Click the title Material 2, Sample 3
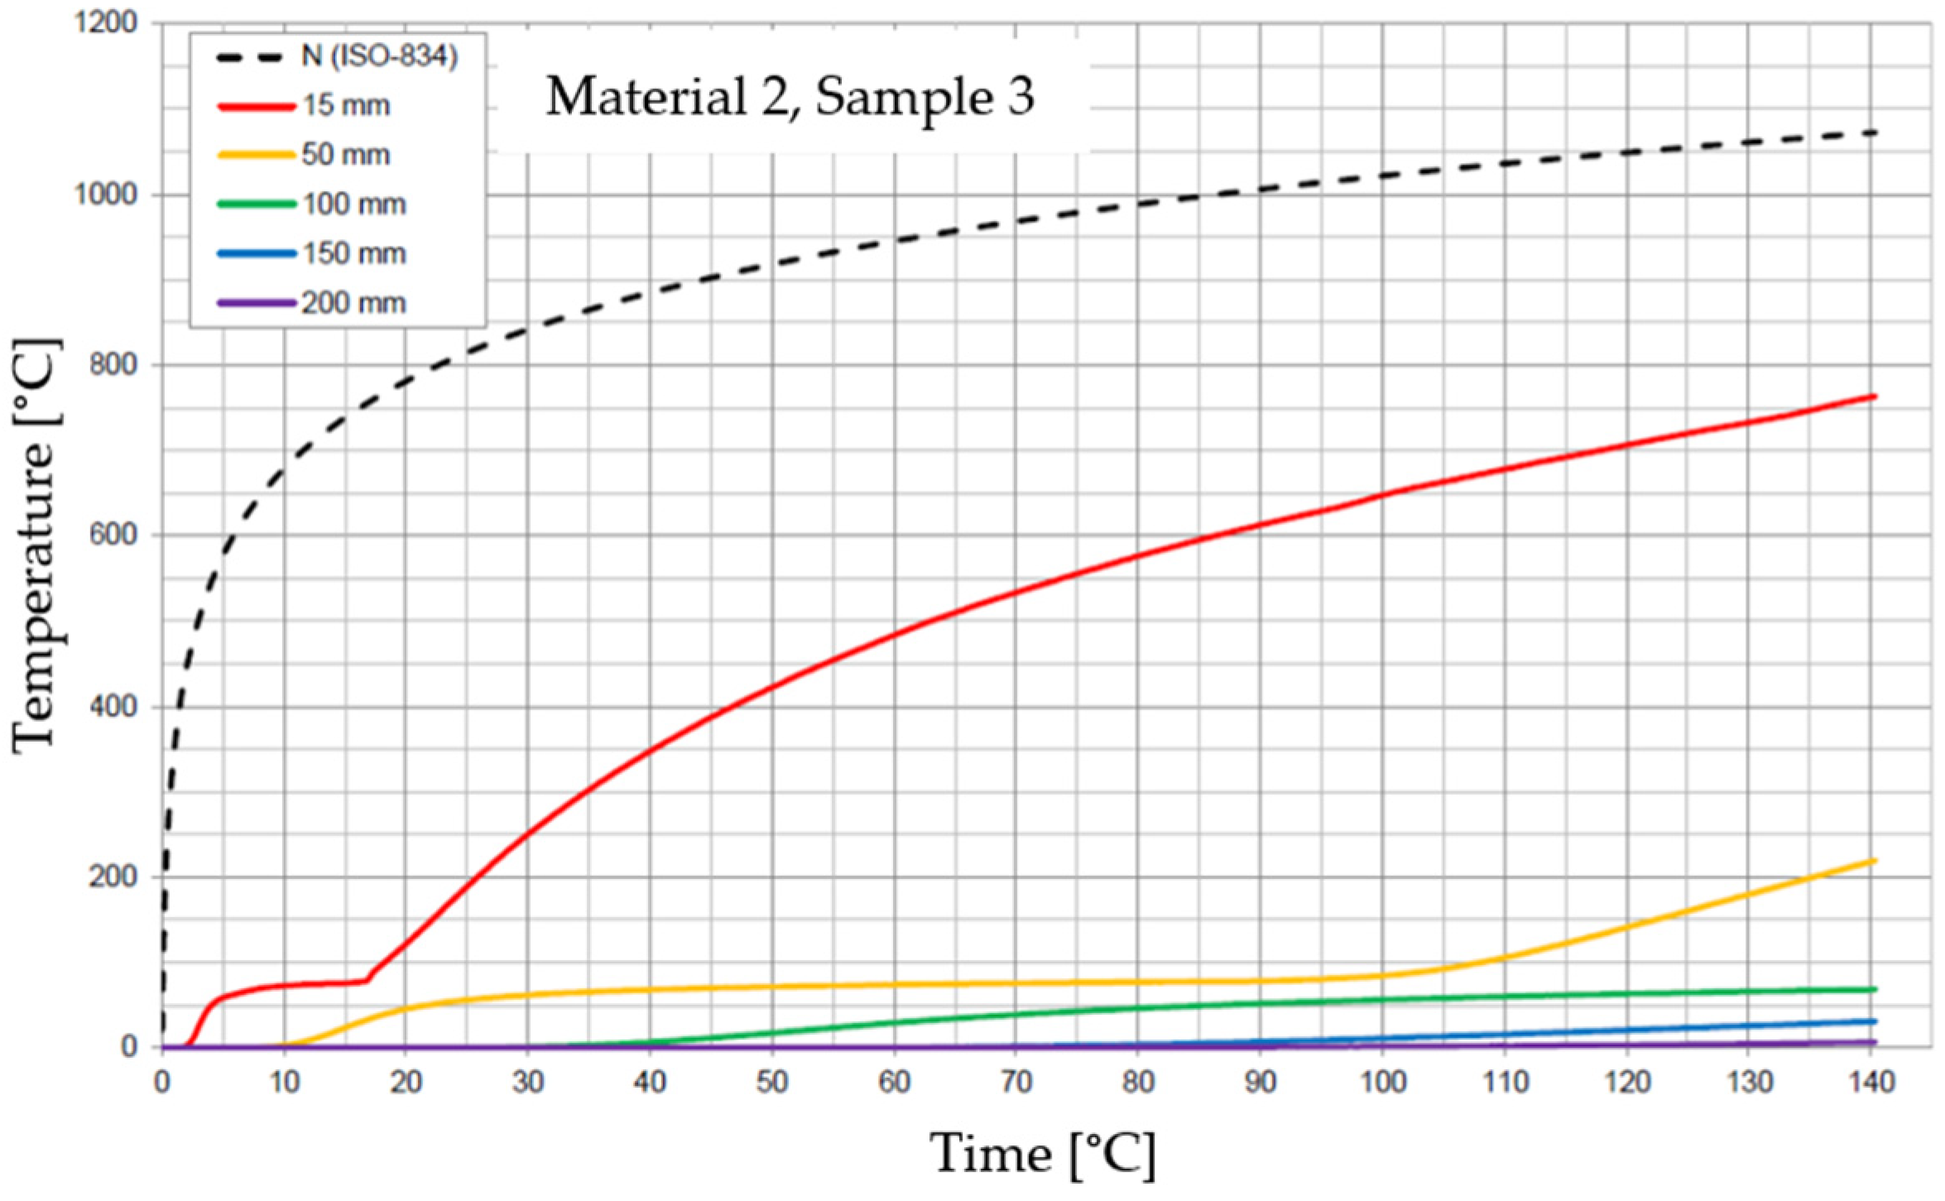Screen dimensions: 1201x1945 (x=790, y=97)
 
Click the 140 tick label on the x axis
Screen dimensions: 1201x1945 (x=1872, y=1082)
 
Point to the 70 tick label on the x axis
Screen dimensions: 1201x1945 (x=1017, y=1082)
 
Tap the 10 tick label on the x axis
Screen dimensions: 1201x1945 (x=284, y=1082)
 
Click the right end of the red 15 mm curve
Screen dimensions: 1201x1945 (x=1875, y=396)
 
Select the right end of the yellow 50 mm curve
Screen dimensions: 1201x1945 (x=1875, y=861)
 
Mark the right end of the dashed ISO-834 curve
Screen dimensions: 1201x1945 (x=1875, y=132)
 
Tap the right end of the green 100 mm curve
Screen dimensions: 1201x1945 (x=1875, y=989)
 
